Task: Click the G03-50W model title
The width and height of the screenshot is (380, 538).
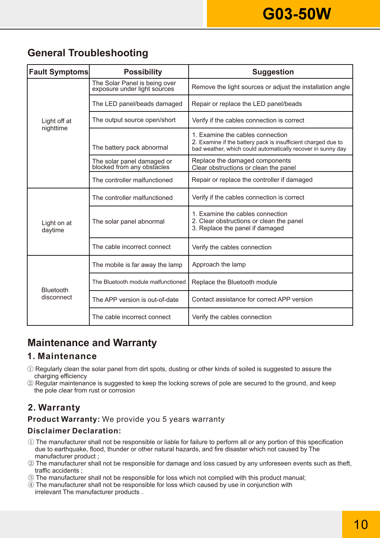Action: click(297, 14)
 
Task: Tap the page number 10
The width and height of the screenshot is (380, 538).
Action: click(361, 525)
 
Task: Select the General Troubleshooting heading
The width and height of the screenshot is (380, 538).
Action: click(88, 53)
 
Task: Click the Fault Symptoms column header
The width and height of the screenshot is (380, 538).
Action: click(59, 72)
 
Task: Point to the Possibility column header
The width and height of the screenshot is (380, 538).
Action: click(143, 72)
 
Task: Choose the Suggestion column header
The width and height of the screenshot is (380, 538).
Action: click(273, 72)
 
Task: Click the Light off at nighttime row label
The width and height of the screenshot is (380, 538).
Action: click(57, 125)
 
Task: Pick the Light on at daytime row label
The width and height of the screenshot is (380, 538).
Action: click(57, 226)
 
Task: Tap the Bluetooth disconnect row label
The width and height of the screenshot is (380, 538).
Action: click(57, 294)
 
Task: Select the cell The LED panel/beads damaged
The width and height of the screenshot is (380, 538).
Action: click(137, 104)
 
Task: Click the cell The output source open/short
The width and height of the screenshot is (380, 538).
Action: click(134, 120)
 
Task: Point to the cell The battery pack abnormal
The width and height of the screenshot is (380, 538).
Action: click(130, 147)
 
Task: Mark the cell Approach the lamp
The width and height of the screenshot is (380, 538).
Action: click(219, 264)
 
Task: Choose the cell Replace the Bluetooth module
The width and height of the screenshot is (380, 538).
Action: click(234, 282)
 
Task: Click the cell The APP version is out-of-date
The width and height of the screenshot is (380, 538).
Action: click(135, 300)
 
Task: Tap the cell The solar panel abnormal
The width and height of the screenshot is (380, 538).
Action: click(128, 222)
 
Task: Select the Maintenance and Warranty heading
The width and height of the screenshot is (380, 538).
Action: click(92, 343)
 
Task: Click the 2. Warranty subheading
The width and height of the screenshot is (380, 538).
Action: click(54, 408)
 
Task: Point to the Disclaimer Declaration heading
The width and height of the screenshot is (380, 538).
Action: click(74, 431)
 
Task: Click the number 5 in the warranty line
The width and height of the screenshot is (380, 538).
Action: click(164, 419)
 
